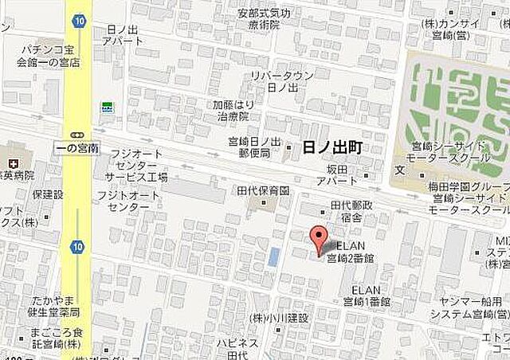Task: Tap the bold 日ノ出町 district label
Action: pyautogui.click(x=332, y=148)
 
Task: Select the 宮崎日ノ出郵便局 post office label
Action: pyautogui.click(x=255, y=147)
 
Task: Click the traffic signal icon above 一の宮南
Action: pyautogui.click(x=76, y=133)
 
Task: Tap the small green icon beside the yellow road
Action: pyautogui.click(x=107, y=105)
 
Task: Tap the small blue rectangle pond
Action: pyautogui.click(x=274, y=257)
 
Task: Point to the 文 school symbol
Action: pyautogui.click(x=399, y=170)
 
